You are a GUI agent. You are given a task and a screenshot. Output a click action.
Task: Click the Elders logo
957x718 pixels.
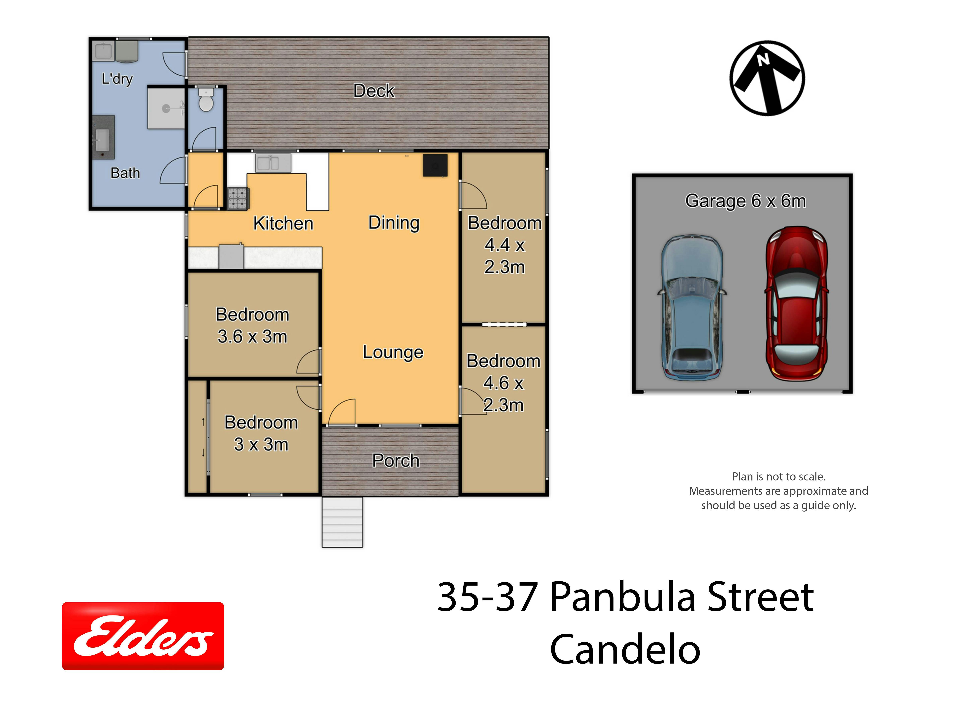coord(143,636)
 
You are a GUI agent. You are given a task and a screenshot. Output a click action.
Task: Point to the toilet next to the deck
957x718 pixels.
coord(206,100)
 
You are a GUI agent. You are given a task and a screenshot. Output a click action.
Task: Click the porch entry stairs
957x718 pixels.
coord(342,522)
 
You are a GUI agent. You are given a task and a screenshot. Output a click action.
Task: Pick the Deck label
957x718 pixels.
coord(374,91)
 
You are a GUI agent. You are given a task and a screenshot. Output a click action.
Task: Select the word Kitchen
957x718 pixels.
coord(283,223)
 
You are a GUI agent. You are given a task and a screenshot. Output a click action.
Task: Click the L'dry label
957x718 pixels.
coord(117,79)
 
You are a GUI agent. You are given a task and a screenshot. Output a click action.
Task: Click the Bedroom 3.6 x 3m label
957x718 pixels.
coord(252,325)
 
